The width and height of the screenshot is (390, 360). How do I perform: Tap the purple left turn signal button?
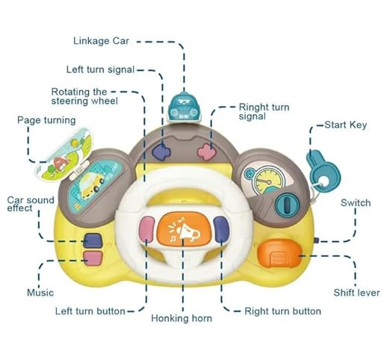[x=162, y=152]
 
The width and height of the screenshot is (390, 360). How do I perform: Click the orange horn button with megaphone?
[x=184, y=230]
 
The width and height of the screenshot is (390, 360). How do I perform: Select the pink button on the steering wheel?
[x=147, y=229]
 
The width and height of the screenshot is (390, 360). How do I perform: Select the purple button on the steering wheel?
[x=221, y=229]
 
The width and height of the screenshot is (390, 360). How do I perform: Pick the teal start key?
[x=322, y=172]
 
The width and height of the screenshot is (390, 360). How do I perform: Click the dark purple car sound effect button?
[x=93, y=240]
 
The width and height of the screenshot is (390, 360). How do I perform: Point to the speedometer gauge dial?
[x=265, y=181]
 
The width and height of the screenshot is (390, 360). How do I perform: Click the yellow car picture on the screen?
[x=90, y=184]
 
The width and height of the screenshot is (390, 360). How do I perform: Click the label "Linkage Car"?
[x=101, y=41]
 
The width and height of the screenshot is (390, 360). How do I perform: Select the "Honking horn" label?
[x=182, y=318]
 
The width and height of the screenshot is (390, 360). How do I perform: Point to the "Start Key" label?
[x=346, y=125]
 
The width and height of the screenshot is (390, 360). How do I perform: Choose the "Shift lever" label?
[x=356, y=293]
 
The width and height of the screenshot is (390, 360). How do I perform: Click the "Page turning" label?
[x=46, y=120]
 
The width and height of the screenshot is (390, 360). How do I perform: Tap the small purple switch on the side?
[x=316, y=240]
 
